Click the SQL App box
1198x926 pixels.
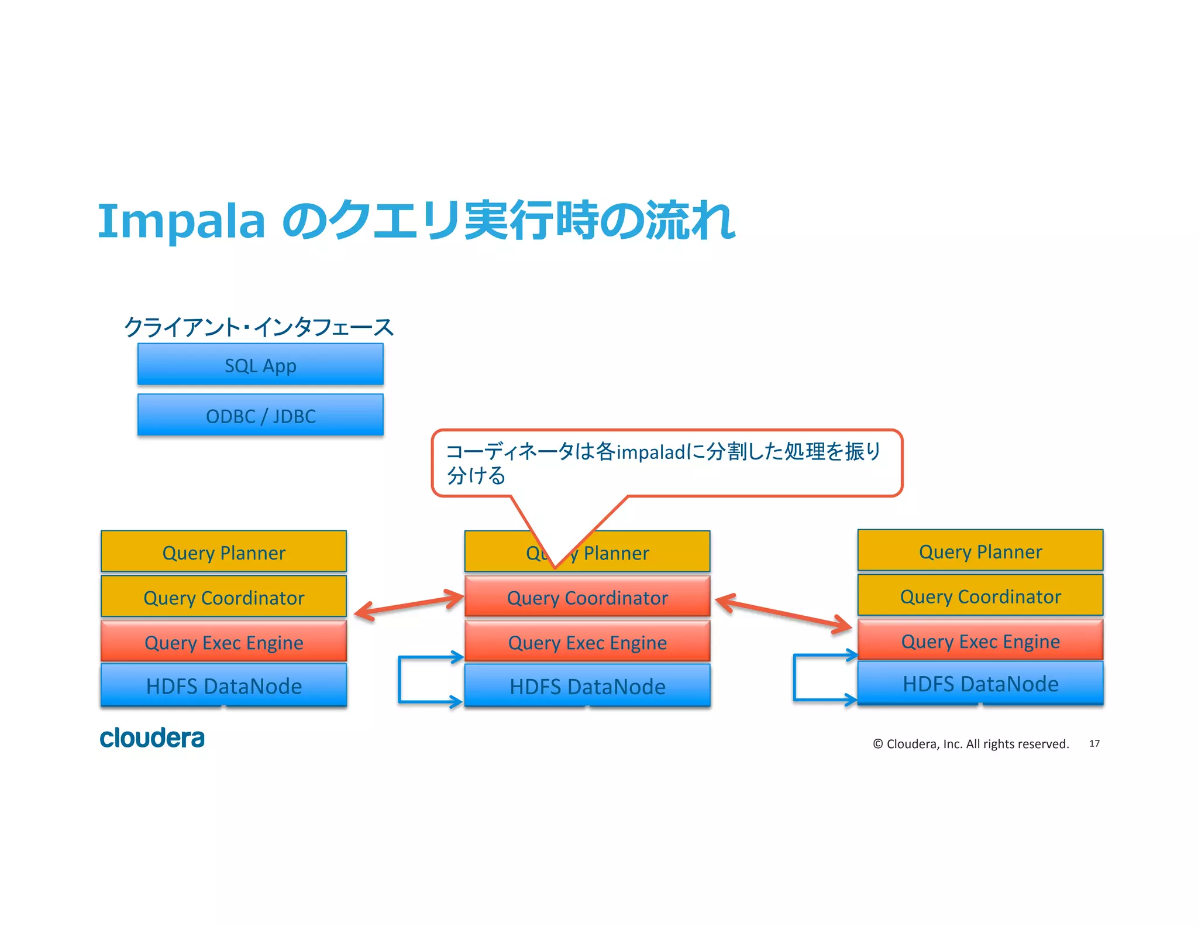(x=260, y=364)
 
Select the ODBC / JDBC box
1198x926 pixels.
(x=260, y=415)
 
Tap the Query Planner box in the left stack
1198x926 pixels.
(x=223, y=551)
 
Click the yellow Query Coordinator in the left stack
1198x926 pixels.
(x=223, y=596)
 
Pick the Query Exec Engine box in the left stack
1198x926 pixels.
(x=223, y=642)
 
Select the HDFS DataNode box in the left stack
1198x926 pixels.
(x=223, y=685)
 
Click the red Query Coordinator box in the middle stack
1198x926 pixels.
(x=587, y=596)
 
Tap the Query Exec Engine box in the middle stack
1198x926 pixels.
(x=587, y=642)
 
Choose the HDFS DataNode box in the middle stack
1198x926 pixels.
(x=587, y=685)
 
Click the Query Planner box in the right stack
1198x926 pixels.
(x=980, y=550)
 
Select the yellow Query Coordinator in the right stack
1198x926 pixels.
(x=980, y=595)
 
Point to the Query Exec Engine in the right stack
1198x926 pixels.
(x=980, y=640)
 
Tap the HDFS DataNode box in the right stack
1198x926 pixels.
(x=980, y=683)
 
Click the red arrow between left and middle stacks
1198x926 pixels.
(x=409, y=605)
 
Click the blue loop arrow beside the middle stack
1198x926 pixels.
(x=400, y=679)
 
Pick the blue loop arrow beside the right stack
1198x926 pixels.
(x=796, y=677)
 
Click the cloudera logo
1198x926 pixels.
(x=152, y=738)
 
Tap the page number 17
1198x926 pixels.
(x=1094, y=743)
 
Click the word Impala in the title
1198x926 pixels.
(x=181, y=221)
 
